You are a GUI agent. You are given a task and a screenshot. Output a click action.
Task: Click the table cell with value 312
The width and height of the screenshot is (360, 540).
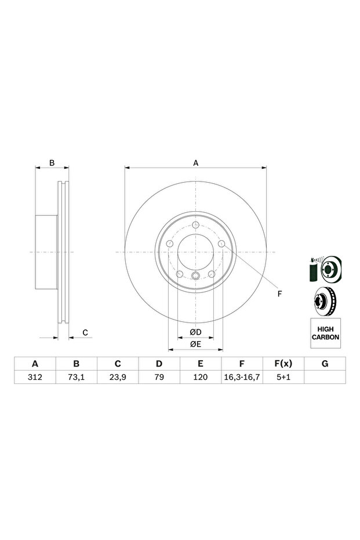pos(35,377)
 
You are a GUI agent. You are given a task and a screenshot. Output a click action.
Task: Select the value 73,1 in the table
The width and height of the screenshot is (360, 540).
pos(77,377)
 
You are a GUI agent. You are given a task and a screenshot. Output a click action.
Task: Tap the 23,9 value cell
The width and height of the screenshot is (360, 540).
pos(118,377)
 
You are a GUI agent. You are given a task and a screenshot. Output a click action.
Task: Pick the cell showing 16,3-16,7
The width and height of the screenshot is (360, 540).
pos(242,377)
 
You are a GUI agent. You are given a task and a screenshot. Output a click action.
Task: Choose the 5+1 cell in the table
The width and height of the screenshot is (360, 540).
pos(283,377)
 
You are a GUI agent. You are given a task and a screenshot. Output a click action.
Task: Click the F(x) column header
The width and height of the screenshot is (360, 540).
pos(283,364)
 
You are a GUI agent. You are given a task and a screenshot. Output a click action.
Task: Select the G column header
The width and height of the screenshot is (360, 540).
pos(325,364)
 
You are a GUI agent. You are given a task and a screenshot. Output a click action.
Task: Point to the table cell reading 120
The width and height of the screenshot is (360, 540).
pos(201,377)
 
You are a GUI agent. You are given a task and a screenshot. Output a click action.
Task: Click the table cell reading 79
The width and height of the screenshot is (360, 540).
pos(159,377)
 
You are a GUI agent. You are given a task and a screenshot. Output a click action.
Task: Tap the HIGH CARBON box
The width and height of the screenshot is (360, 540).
pos(326,333)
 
